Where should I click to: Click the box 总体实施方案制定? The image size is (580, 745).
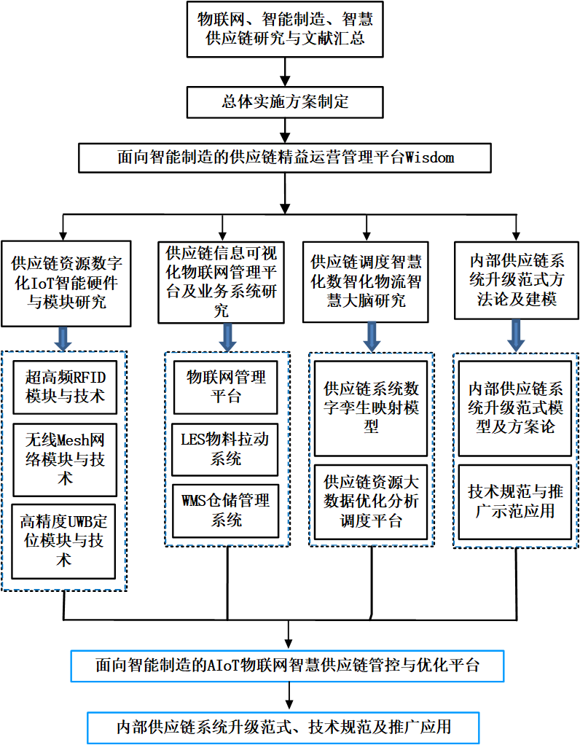tap(285, 101)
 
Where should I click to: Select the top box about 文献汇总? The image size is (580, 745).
tap(285, 29)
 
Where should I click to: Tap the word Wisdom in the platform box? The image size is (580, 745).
tap(430, 157)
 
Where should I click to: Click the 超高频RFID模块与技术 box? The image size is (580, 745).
tap(65, 386)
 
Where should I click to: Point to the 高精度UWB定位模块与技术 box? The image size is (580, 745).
tap(65, 541)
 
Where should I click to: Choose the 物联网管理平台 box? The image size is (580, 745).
tap(226, 386)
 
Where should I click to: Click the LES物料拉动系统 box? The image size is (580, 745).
tap(226, 449)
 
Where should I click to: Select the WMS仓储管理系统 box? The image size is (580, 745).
tap(226, 510)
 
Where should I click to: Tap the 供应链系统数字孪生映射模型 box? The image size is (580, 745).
tap(372, 406)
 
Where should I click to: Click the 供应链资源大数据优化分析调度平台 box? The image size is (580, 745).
tap(372, 502)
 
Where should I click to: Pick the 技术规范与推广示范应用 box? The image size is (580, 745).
tap(516, 502)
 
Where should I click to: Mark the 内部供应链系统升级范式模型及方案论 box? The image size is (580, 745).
tap(516, 406)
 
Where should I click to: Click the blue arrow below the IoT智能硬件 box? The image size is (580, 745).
tap(65, 338)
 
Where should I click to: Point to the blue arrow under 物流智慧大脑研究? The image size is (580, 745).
tap(372, 335)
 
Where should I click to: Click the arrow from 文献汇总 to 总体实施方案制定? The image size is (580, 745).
tap(285, 71)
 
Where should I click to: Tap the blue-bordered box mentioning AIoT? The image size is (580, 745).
tap(289, 665)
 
